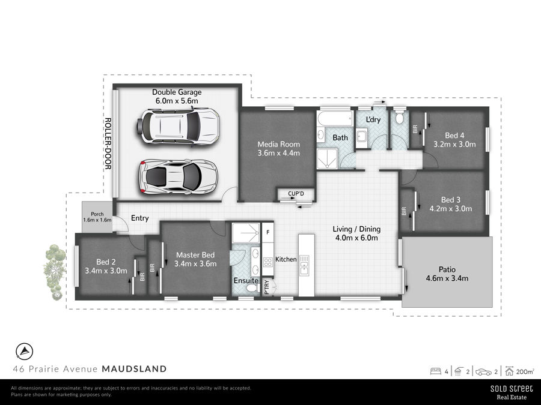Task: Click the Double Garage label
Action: pyautogui.click(x=177, y=92)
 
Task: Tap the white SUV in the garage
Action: pyautogui.click(x=179, y=127)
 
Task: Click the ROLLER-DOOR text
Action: pyautogui.click(x=108, y=143)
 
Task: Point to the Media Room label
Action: pyautogui.click(x=279, y=144)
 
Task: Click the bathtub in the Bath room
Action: pyautogui.click(x=335, y=119)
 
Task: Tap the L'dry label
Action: pyautogui.click(x=373, y=119)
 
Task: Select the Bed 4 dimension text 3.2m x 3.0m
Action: pyautogui.click(x=455, y=144)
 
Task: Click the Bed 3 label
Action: pyautogui.click(x=451, y=200)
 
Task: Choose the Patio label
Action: pyautogui.click(x=447, y=269)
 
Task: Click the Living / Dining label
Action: pyautogui.click(x=356, y=229)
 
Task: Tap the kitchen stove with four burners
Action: pyautogui.click(x=268, y=262)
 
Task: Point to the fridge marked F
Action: pyautogui.click(x=267, y=232)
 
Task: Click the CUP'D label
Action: pyautogui.click(x=296, y=194)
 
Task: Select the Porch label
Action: pyautogui.click(x=97, y=214)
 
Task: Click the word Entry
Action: pyautogui.click(x=139, y=218)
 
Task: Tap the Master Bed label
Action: pyautogui.click(x=195, y=255)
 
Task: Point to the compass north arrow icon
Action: pyautogui.click(x=25, y=352)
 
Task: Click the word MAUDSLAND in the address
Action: pyautogui.click(x=134, y=369)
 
